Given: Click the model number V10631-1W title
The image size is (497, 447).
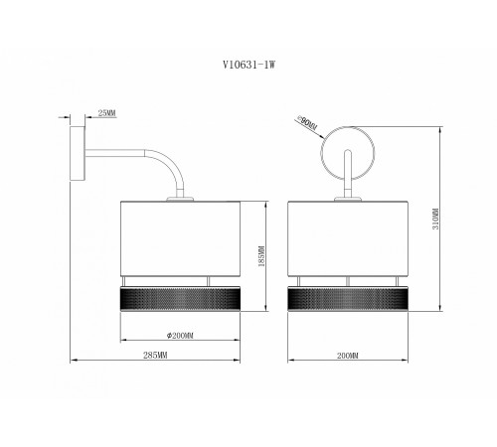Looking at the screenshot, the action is click(x=248, y=65).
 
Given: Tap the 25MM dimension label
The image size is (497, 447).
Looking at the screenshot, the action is click(x=106, y=113).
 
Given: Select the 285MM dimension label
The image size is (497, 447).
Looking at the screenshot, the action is click(x=155, y=356).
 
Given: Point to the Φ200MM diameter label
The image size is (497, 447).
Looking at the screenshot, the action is click(x=180, y=336).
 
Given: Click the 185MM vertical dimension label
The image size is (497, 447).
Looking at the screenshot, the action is click(x=261, y=256).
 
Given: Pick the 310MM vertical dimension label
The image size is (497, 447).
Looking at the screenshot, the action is click(x=435, y=219).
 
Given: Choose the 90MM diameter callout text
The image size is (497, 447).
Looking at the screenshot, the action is click(x=307, y=123).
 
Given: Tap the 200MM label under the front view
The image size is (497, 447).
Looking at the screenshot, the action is click(x=348, y=356).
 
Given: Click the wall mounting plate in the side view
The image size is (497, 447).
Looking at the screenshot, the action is click(x=78, y=153).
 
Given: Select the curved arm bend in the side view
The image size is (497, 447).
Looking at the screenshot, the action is click(x=167, y=164).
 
